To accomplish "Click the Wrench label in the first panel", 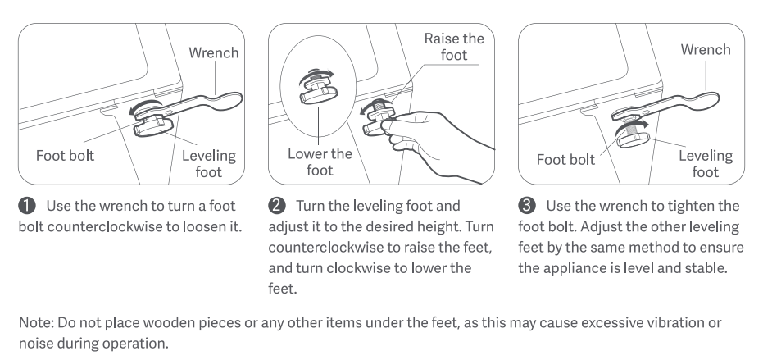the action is point(214,52).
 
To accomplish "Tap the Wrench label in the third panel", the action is point(706,50).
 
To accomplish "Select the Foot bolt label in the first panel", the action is point(66,156).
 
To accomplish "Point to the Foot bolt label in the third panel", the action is point(565,160).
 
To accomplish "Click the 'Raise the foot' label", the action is point(454,47).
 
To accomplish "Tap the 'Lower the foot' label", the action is point(320,162).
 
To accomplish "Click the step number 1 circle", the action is point(27,206).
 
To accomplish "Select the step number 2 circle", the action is point(277,206).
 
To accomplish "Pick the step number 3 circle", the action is point(527,206).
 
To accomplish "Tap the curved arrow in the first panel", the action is point(144,104).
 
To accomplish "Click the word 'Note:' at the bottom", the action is point(37,322).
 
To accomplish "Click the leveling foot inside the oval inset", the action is point(319,92).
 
